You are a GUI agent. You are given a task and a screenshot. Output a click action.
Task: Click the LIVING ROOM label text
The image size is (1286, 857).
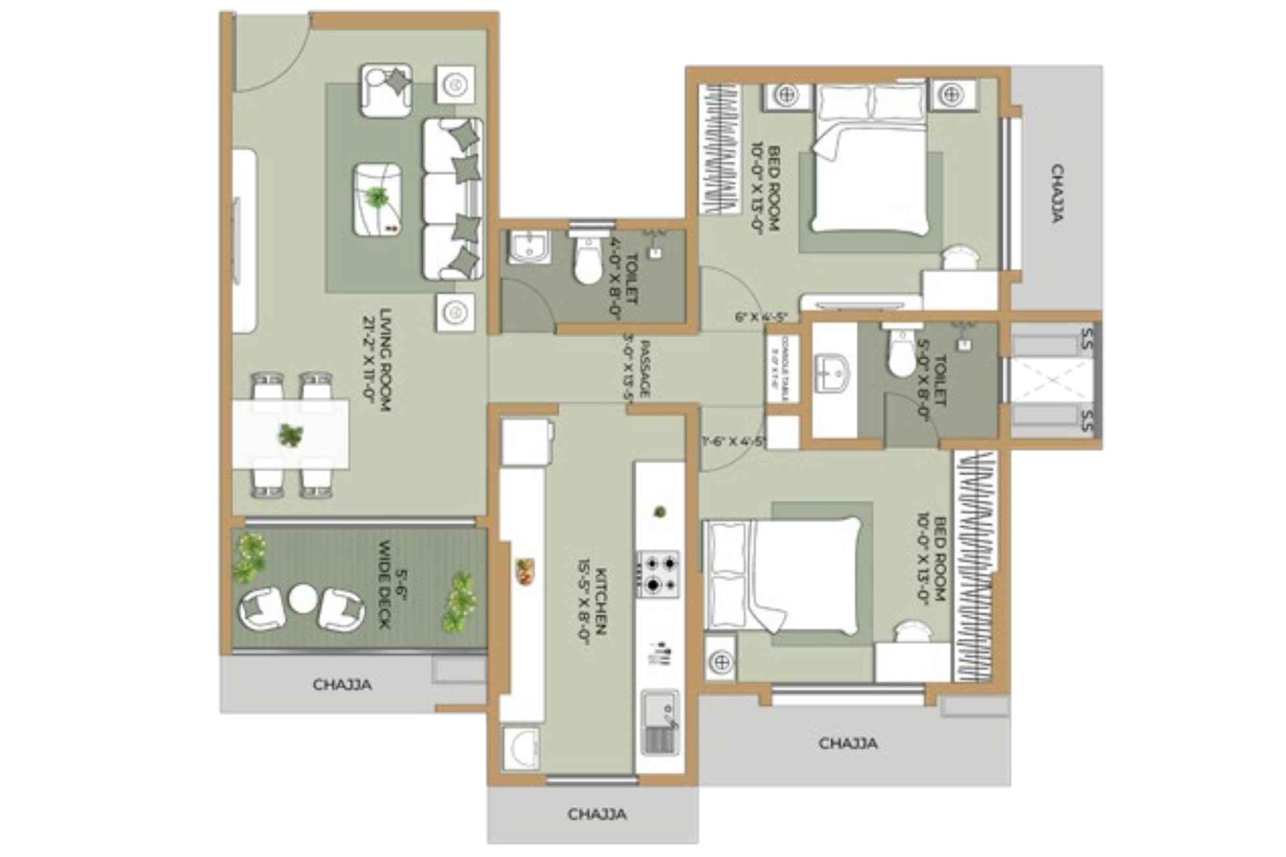(376, 360)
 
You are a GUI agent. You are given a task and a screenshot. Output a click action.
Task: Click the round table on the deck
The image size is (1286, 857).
(303, 599)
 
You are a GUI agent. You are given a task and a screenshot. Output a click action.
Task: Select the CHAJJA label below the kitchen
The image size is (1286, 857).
(597, 814)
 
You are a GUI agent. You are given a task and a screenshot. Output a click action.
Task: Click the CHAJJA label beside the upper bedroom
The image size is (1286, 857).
(1057, 193)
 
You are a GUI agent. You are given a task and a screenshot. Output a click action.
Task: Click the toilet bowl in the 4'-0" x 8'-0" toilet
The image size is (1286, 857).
(587, 258)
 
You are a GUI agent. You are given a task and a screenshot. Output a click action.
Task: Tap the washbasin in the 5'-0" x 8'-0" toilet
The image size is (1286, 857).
(831, 373)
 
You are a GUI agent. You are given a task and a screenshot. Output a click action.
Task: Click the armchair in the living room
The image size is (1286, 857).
(386, 90)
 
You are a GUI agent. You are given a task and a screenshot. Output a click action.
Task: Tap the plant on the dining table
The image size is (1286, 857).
(290, 435)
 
